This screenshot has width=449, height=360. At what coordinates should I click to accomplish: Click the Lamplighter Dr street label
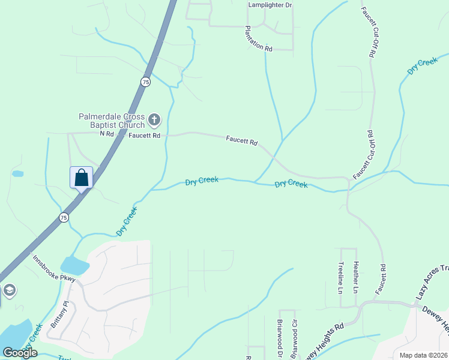coord(270,5)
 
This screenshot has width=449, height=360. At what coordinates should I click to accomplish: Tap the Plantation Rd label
coord(259,38)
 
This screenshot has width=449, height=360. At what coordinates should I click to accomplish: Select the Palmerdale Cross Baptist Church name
coord(112,121)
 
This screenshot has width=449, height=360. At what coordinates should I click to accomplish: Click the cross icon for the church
coord(154,120)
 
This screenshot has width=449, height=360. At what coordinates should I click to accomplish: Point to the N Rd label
coord(107,134)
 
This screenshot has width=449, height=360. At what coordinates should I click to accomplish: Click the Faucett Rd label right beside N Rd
coord(144,136)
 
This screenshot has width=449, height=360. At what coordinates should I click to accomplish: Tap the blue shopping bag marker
coord(81,178)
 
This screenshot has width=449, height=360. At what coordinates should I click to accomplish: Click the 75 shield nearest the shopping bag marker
coord(64,217)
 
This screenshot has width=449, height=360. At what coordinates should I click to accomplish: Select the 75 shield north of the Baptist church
coord(146,82)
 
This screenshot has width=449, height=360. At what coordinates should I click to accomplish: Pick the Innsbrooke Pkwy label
coord(54,270)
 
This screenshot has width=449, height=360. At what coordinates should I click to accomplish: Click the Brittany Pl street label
coord(56,312)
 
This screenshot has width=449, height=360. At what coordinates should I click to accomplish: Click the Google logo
coord(20,353)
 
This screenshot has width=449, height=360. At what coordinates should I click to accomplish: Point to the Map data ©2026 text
coord(423,355)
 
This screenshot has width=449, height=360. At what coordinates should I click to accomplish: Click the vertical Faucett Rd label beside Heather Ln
coord(381,278)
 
